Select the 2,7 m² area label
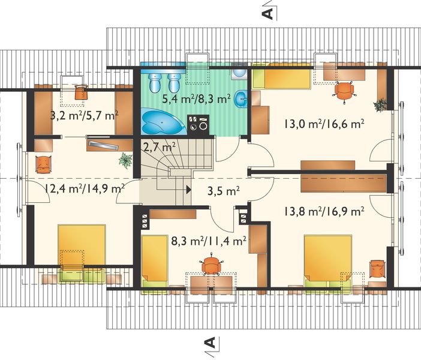coord(159,146)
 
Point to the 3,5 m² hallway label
coord(224,193)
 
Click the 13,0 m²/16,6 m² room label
coord(323,125)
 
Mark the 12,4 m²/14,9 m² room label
coord(84,188)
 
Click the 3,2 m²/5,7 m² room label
coord(83,115)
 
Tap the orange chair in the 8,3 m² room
coord(210,265)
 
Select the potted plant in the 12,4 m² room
coord(125,160)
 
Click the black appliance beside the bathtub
coord(198,124)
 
